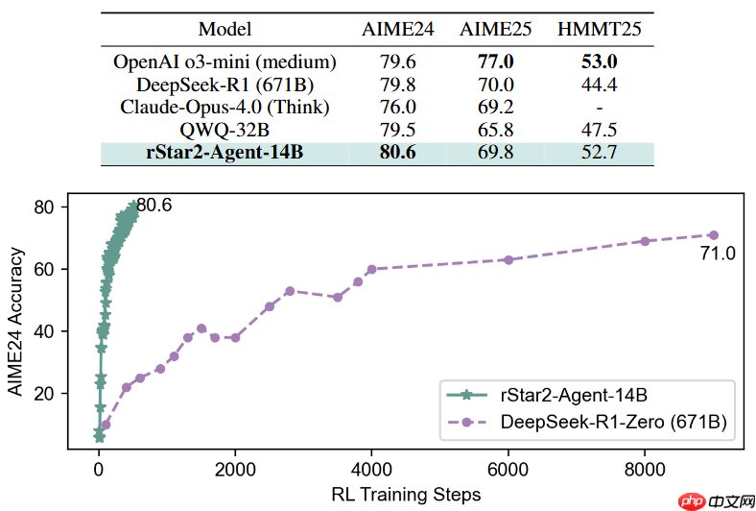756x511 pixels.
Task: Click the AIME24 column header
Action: [398, 29]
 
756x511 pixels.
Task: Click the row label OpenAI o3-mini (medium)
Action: [224, 62]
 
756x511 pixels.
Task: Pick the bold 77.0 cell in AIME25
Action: [500, 62]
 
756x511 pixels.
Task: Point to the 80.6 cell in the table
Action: [397, 152]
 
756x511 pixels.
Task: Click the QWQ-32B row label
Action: [224, 130]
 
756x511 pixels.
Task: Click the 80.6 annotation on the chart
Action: [159, 205]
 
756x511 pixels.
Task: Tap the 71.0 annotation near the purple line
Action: [717, 254]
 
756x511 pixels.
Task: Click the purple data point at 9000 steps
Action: [713, 234]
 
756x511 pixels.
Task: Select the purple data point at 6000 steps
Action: [508, 259]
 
